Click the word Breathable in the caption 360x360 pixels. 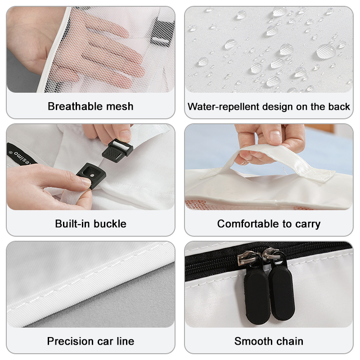coord(74,106)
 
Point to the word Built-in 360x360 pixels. coord(72,224)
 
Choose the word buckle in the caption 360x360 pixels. coord(110,224)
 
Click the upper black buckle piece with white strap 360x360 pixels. coord(117,151)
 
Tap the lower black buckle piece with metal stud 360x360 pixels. coord(91,175)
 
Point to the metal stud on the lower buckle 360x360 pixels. coord(92,175)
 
